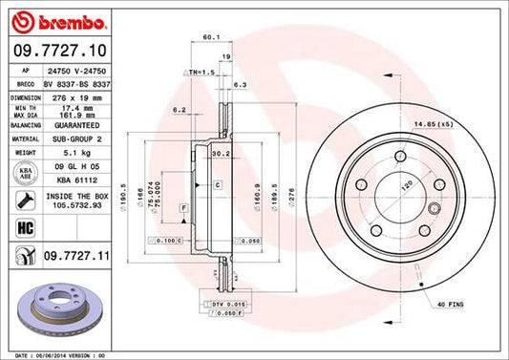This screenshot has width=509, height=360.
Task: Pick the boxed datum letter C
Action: (x=217, y=184)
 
